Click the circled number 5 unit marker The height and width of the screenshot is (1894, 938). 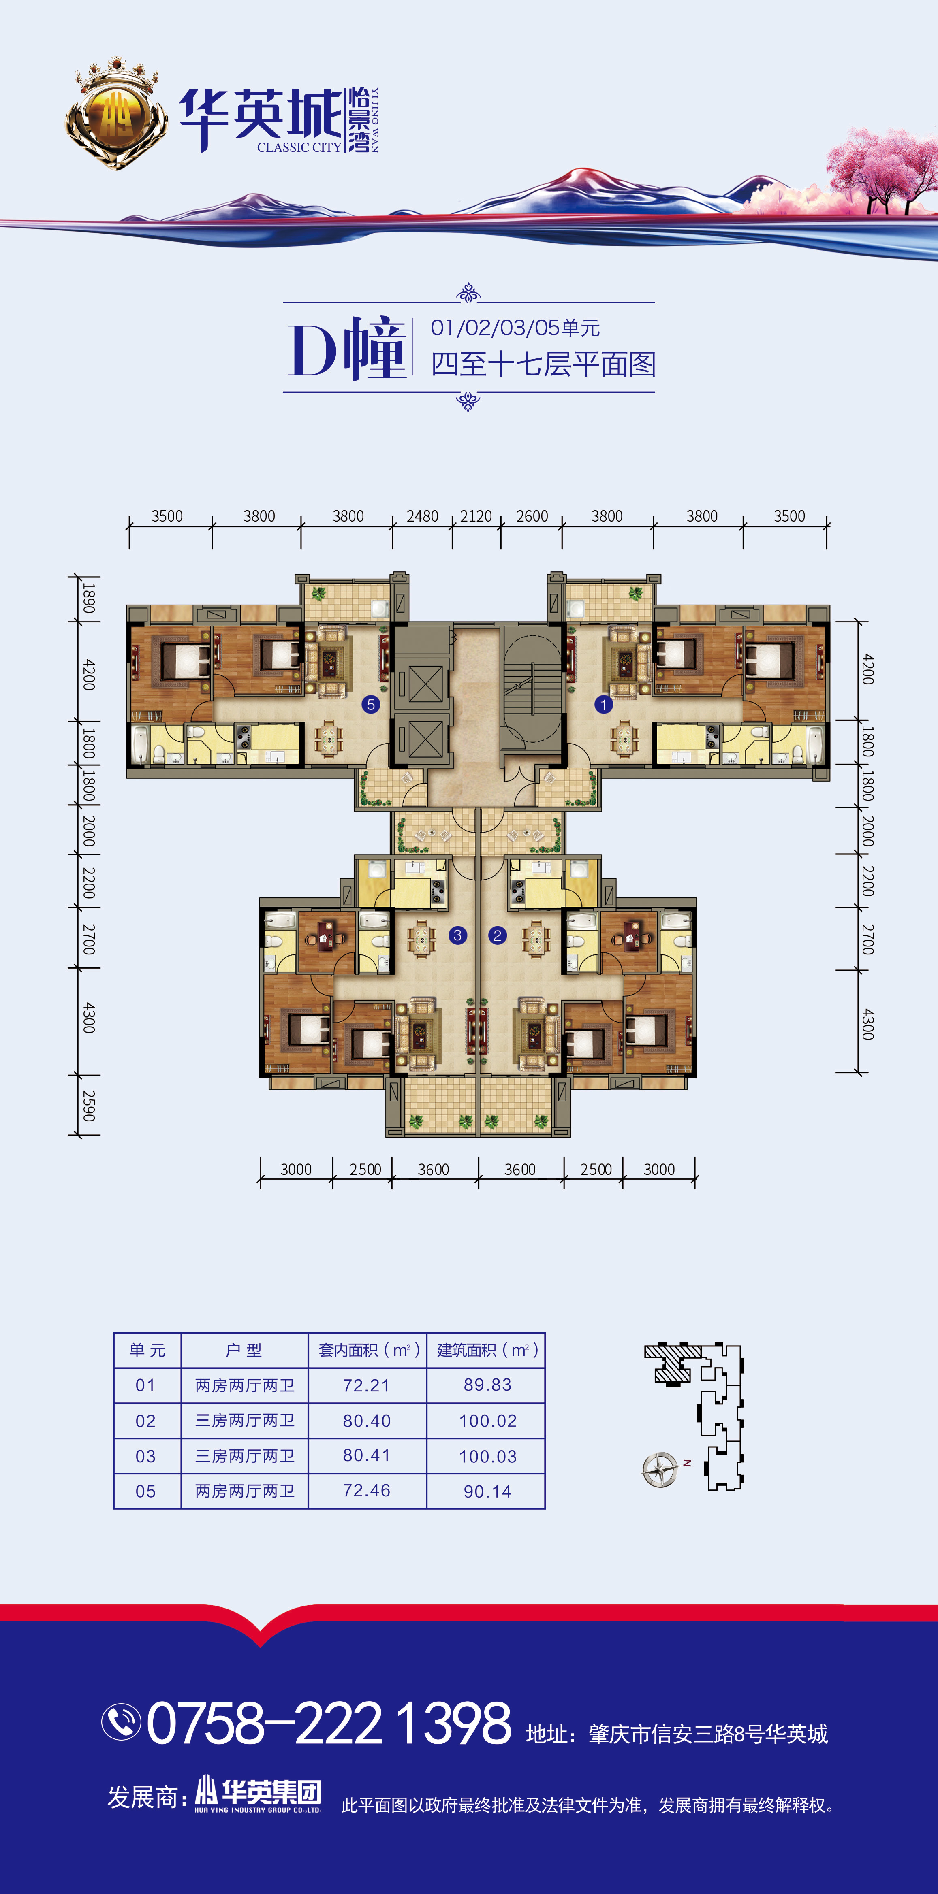(371, 704)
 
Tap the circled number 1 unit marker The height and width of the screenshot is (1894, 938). (603, 704)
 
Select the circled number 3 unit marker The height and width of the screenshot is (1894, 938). (457, 935)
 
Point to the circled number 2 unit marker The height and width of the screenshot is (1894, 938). (497, 935)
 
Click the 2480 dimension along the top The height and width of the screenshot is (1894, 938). (422, 516)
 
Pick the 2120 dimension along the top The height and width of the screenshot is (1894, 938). (476, 516)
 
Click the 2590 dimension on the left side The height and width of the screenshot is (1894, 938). (88, 1105)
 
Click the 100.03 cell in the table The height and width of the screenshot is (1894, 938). (488, 1456)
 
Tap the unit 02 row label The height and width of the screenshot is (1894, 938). (146, 1421)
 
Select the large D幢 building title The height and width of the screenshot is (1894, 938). (347, 349)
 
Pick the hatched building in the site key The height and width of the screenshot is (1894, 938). (669, 1365)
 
